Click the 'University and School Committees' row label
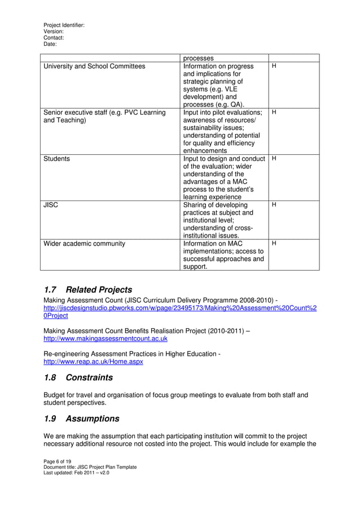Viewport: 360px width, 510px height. click(x=94, y=67)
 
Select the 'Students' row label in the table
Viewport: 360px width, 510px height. click(x=57, y=159)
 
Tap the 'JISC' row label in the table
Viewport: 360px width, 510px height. click(x=51, y=206)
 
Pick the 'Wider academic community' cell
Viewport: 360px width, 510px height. click(x=84, y=244)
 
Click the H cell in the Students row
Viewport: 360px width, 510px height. click(x=274, y=159)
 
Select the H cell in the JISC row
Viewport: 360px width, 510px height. click(x=274, y=206)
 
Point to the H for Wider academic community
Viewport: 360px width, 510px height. click(x=274, y=244)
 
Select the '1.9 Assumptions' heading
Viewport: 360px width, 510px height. click(x=81, y=419)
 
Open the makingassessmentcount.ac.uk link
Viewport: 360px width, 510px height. click(x=106, y=339)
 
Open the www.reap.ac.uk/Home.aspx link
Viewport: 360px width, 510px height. click(x=93, y=361)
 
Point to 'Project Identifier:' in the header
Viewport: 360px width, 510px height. click(x=64, y=25)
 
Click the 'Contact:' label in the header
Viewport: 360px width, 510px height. click(x=54, y=38)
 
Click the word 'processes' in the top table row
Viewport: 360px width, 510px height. click(x=199, y=58)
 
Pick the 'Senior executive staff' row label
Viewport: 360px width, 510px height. click(x=104, y=113)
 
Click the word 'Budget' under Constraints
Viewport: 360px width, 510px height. click(x=56, y=395)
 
